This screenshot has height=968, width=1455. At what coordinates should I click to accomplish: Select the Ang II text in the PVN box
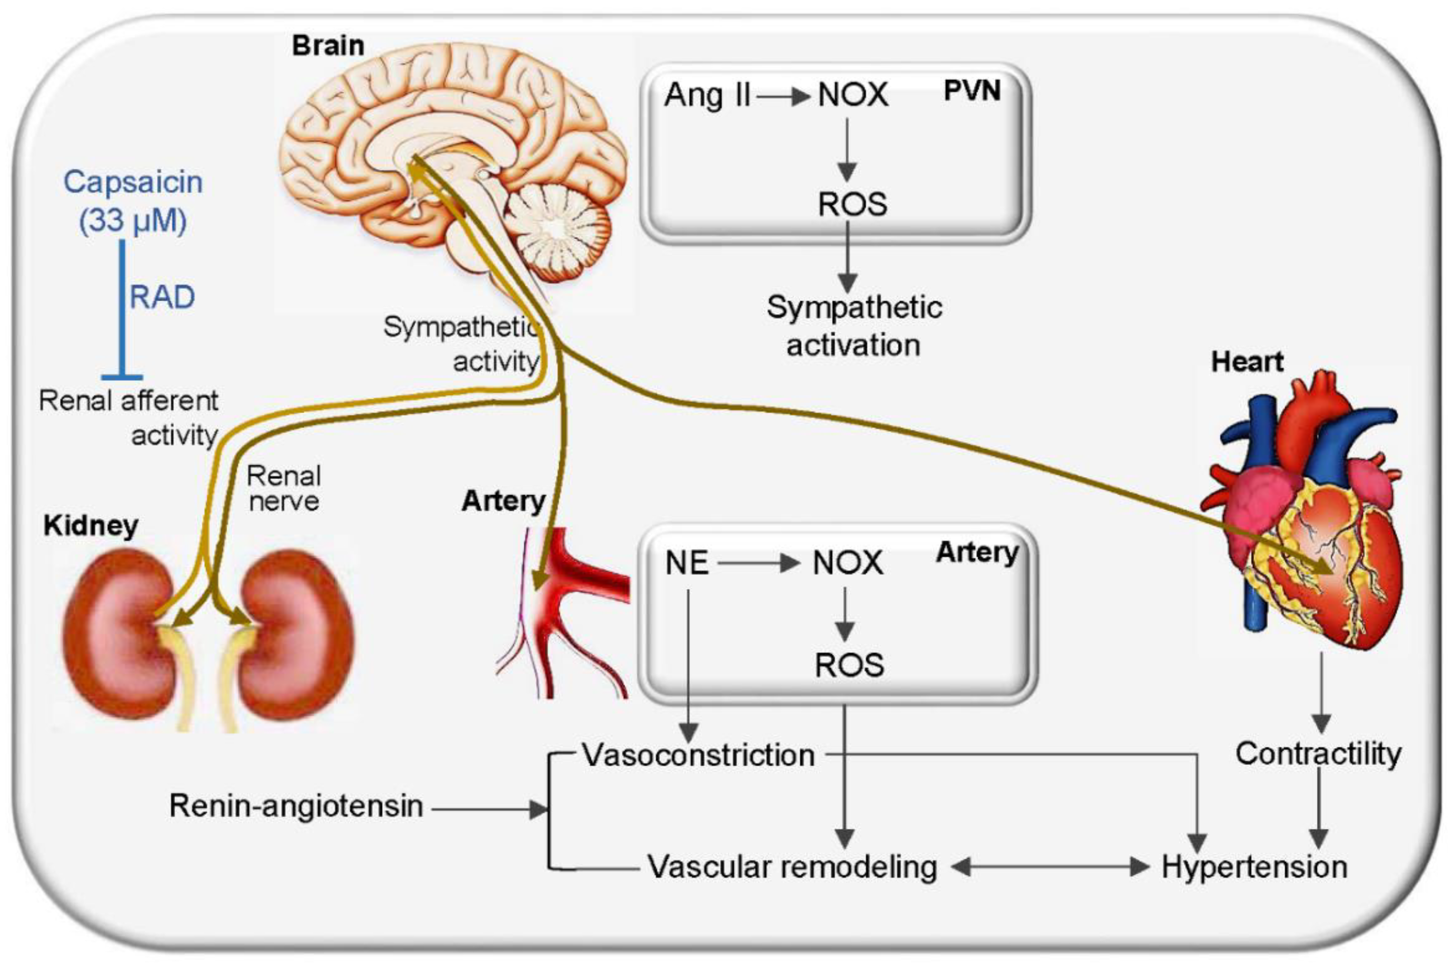[707, 96]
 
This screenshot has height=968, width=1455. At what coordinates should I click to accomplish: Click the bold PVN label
[972, 91]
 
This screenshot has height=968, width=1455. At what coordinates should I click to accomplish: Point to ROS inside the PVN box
[852, 204]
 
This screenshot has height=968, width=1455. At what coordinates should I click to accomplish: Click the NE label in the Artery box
[686, 563]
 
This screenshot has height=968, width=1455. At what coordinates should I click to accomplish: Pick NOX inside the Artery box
[847, 563]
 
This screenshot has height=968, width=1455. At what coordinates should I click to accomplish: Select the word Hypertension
[1254, 867]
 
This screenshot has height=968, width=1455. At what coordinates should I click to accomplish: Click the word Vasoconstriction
[698, 755]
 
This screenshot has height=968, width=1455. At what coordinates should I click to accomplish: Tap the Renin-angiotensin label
[296, 806]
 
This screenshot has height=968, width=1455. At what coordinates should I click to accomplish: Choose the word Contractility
[1318, 754]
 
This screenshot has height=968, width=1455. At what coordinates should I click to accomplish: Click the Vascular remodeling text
[792, 867]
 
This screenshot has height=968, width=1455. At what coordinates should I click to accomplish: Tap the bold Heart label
[1247, 362]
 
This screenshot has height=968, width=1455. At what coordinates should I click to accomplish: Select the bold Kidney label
[90, 526]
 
